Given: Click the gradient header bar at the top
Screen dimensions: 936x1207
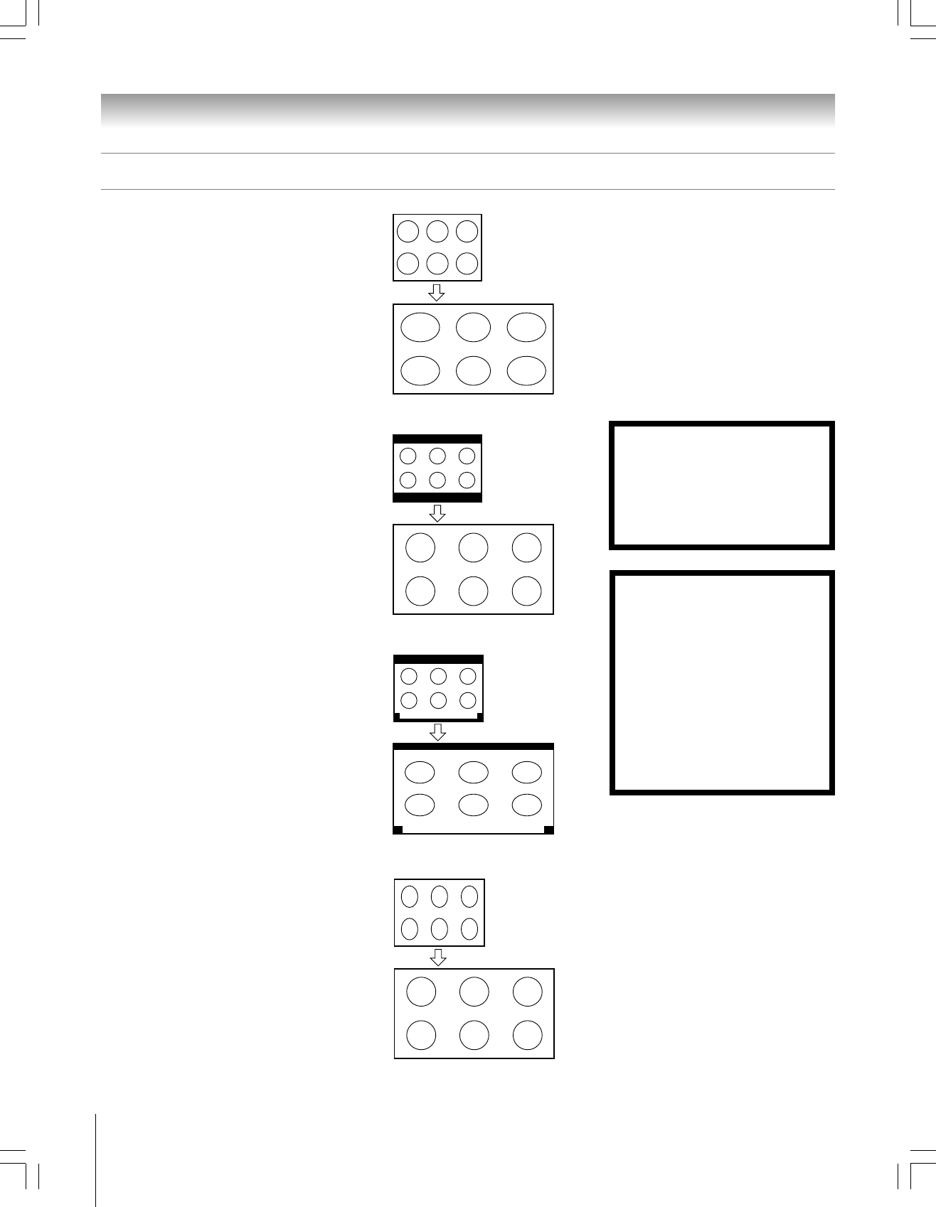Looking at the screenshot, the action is pyautogui.click(x=467, y=110).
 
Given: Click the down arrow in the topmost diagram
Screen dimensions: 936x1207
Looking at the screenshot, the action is pyautogui.click(x=437, y=292).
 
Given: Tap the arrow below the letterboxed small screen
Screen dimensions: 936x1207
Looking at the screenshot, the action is pyautogui.click(x=437, y=513).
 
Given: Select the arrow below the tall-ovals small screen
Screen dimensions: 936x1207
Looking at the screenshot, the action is pyautogui.click(x=439, y=957).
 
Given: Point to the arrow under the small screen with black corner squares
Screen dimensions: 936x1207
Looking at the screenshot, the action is pyautogui.click(x=438, y=732).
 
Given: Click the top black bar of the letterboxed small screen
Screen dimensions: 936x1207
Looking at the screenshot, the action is pyautogui.click(x=437, y=439).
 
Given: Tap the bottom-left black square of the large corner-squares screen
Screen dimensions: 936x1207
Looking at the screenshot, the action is pyautogui.click(x=398, y=830).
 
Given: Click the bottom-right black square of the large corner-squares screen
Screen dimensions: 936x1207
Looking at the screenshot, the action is pyautogui.click(x=548, y=830).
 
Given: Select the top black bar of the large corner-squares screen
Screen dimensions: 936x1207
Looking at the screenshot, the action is pyautogui.click(x=473, y=746).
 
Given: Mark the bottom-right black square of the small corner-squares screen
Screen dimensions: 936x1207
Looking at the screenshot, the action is pyautogui.click(x=480, y=717).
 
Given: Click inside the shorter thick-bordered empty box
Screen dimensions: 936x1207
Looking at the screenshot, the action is pyautogui.click(x=721, y=486).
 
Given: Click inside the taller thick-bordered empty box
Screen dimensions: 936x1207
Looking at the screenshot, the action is pyautogui.click(x=721, y=682).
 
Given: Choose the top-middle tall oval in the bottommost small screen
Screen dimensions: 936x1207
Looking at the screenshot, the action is pyautogui.click(x=440, y=896).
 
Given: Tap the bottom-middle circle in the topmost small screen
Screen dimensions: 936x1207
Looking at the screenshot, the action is pyautogui.click(x=437, y=263).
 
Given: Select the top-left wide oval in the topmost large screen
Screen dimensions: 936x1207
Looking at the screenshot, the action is pyautogui.click(x=420, y=327).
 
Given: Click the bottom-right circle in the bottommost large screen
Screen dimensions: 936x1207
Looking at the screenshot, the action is pyautogui.click(x=528, y=1035).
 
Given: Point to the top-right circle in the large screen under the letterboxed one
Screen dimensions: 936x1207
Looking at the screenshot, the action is pyautogui.click(x=526, y=548).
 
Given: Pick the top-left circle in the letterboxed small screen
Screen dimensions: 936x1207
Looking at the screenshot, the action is pyautogui.click(x=408, y=456).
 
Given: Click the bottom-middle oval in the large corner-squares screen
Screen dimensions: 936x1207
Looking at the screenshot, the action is pyautogui.click(x=473, y=805).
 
